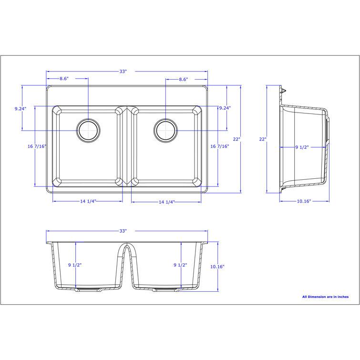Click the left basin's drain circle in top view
pyautogui.click(x=88, y=130)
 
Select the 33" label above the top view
pyautogui.click(x=123, y=72)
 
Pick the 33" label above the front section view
pyautogui.click(x=123, y=231)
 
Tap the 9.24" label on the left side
pyautogui.click(x=21, y=109)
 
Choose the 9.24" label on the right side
pyautogui.click(x=225, y=108)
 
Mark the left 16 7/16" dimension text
pyautogui.click(x=37, y=146)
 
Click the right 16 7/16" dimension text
pyautogui.click(x=220, y=146)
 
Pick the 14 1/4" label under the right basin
pyautogui.click(x=166, y=202)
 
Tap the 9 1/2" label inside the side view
pyautogui.click(x=301, y=148)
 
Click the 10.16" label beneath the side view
pyautogui.click(x=304, y=201)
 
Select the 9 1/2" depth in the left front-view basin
pyautogui.click(x=74, y=265)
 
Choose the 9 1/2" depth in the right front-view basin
pyautogui.click(x=179, y=265)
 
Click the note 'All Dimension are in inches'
pyautogui.click(x=325, y=297)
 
